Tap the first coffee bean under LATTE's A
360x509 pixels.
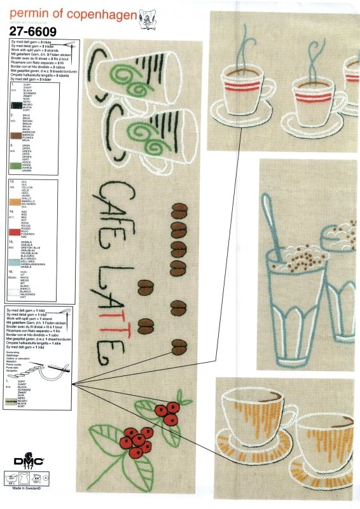pos(147,304)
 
